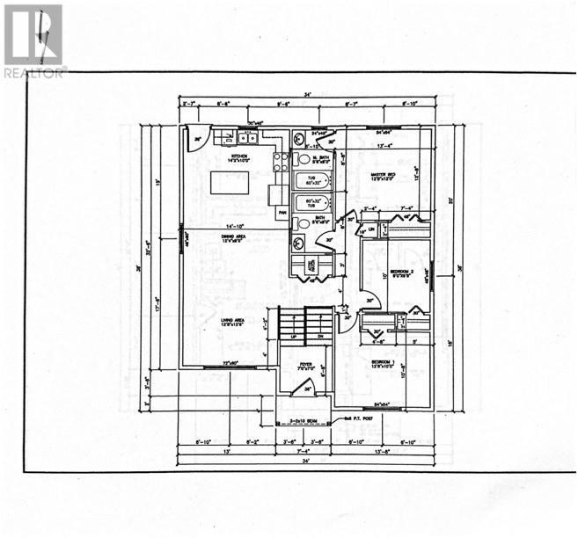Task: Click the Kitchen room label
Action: pyautogui.click(x=236, y=157)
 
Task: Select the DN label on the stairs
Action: pyautogui.click(x=320, y=336)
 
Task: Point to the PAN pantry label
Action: pyautogui.click(x=282, y=213)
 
